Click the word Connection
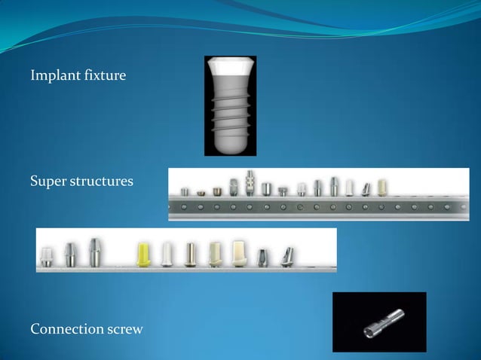[64, 329]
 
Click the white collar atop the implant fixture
[230, 69]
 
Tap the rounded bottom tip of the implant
[230, 145]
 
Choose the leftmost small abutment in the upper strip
[185, 192]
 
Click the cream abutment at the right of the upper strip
[381, 187]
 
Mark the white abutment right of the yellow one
[167, 254]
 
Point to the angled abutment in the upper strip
[365, 188]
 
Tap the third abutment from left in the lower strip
[94, 252]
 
